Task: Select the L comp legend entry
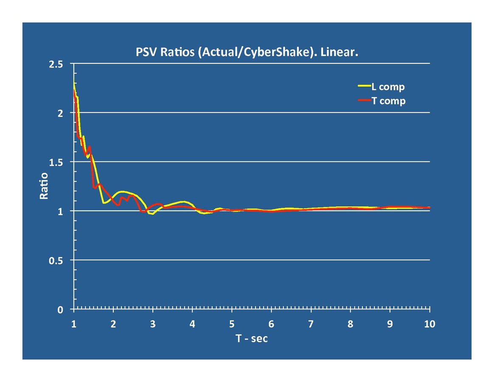387,87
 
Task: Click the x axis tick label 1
74,324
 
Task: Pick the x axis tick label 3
153,324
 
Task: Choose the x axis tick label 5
232,324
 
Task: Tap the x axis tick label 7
311,324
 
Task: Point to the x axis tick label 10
429,324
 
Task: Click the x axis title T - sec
252,339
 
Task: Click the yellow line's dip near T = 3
152,214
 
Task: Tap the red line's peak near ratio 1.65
90,147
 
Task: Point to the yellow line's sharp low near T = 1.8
104,203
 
